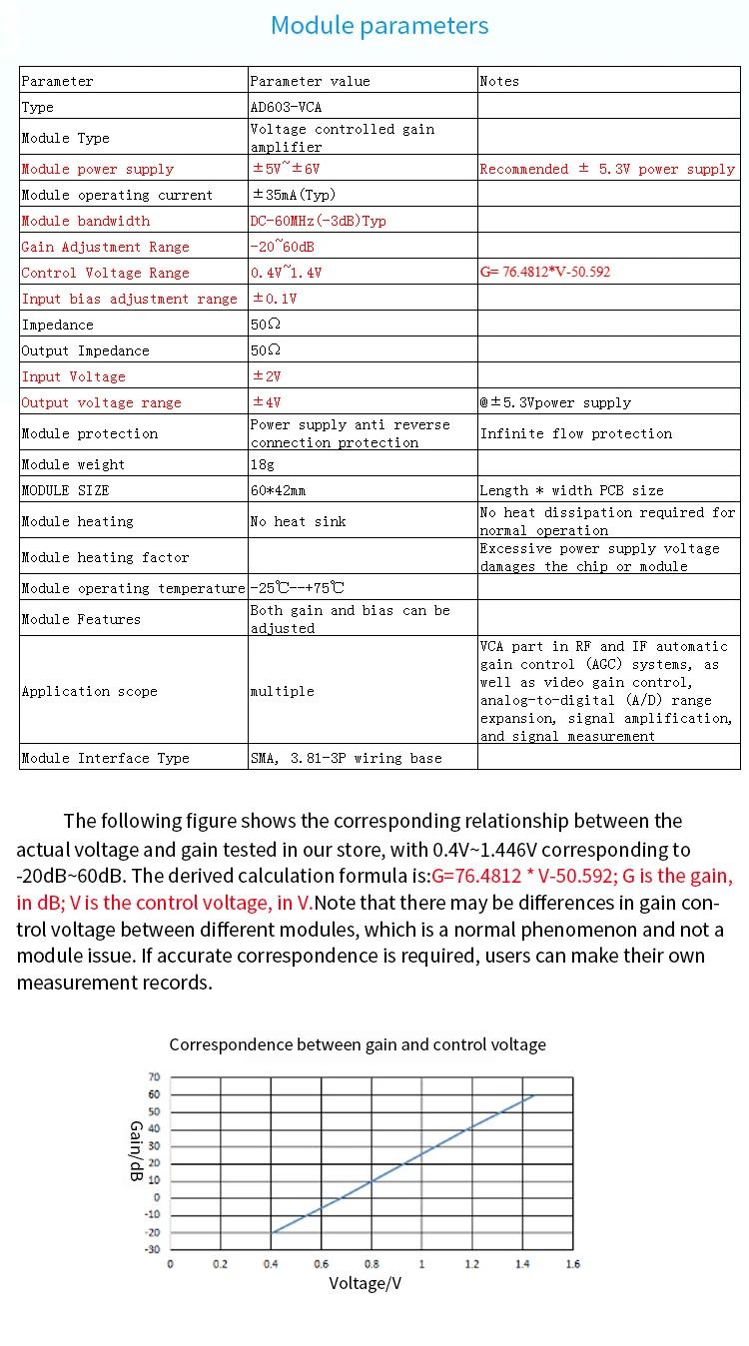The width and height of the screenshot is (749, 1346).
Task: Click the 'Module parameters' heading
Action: [x=379, y=26]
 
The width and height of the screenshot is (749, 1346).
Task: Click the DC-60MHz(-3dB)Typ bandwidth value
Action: [x=318, y=221]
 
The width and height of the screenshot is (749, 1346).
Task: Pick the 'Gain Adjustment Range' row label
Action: [x=105, y=247]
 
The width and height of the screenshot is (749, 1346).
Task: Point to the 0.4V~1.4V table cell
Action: [x=287, y=273]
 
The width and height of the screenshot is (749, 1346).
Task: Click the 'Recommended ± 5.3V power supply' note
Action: [x=607, y=169]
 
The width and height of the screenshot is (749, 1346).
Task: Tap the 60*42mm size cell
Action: [x=278, y=490]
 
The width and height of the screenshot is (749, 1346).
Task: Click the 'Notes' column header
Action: [x=499, y=81]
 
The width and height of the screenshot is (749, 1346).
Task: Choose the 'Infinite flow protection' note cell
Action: [x=576, y=433]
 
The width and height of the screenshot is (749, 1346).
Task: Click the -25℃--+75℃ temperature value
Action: [x=298, y=588]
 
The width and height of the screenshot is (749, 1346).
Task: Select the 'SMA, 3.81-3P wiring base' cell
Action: [x=346, y=758]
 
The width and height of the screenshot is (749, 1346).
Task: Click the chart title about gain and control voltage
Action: [x=358, y=1044]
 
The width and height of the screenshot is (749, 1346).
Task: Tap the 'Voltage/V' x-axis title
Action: [x=366, y=1283]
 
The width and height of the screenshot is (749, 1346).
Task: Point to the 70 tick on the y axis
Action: [x=154, y=1077]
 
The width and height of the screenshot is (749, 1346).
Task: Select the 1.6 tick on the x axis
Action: [x=572, y=1264]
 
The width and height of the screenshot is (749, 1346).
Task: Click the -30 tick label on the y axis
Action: [x=153, y=1249]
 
